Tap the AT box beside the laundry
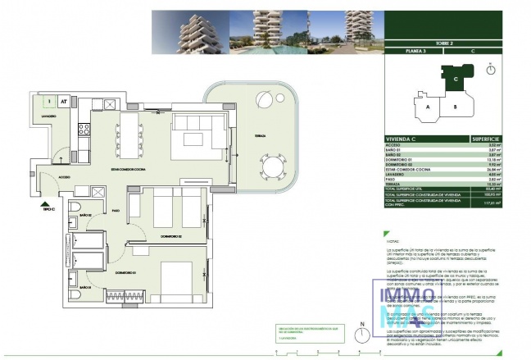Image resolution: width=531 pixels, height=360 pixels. (x=63, y=102)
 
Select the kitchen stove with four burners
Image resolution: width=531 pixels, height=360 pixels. (x=82, y=128)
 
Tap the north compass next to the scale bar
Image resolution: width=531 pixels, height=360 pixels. (x=361, y=336)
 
